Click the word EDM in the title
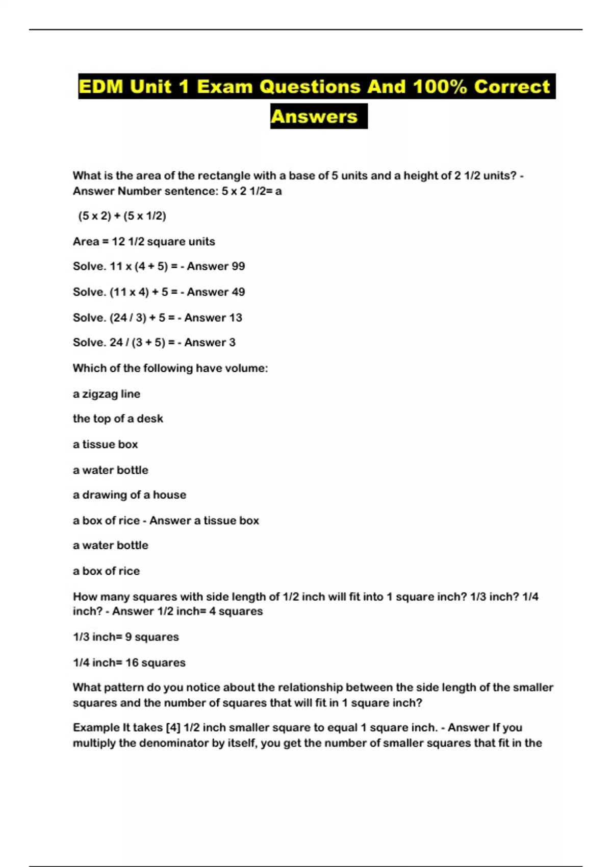[101, 86]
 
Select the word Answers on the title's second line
[314, 116]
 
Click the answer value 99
[238, 266]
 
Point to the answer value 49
[238, 292]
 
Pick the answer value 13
[236, 317]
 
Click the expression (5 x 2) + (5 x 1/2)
[122, 216]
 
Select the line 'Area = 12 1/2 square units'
[144, 241]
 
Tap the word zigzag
[100, 394]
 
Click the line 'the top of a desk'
[118, 419]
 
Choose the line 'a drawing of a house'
[130, 495]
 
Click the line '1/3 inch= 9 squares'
[126, 637]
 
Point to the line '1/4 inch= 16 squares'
[129, 662]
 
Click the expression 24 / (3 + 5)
[137, 342]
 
